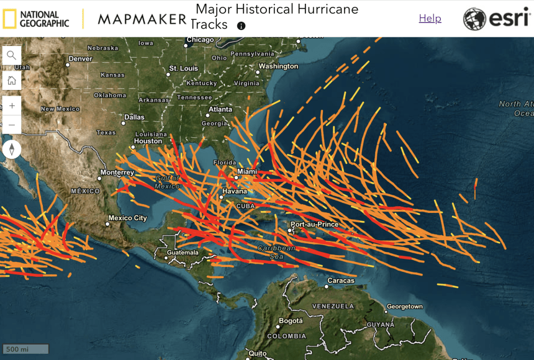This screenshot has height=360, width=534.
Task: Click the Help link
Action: [x=430, y=19]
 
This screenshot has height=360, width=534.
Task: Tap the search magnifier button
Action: [x=11, y=55]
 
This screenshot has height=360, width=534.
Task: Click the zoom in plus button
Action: [x=11, y=106]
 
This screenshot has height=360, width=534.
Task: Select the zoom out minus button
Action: [x=11, y=125]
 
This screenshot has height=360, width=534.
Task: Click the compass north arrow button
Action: [x=11, y=150]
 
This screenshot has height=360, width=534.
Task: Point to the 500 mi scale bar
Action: [x=25, y=349]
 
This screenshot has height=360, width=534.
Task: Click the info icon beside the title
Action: [x=241, y=26]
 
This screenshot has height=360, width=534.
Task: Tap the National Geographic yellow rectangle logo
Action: [x=9, y=19]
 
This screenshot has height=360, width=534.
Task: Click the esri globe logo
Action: [x=475, y=19]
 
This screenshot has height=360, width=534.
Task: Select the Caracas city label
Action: [x=340, y=281]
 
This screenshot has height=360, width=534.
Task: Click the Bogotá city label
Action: [x=291, y=321]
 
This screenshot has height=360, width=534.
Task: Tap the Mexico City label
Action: [x=127, y=218]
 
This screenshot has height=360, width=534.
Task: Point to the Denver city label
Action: [x=80, y=58]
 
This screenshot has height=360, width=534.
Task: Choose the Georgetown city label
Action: [x=404, y=307]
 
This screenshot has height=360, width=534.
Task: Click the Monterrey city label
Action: [x=117, y=172]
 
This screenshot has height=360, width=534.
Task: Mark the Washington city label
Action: [x=278, y=66]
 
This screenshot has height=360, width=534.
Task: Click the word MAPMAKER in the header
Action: [x=142, y=19]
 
